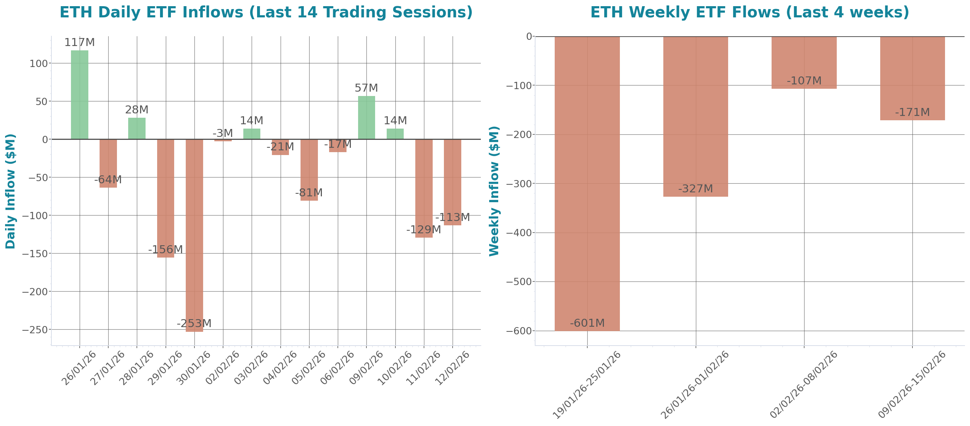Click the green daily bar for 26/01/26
click(x=79, y=95)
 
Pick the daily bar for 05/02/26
click(x=309, y=170)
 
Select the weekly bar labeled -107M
click(x=804, y=63)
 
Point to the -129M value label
click(x=423, y=229)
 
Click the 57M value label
click(x=366, y=88)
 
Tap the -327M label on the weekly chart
click(x=696, y=188)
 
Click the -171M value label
click(x=912, y=112)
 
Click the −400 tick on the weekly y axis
click(x=518, y=233)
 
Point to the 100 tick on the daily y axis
click(x=39, y=63)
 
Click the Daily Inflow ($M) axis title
click(x=10, y=191)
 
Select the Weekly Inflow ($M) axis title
click(x=494, y=191)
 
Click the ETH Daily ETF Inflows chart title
click(x=266, y=12)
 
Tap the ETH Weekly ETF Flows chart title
click(x=749, y=12)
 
